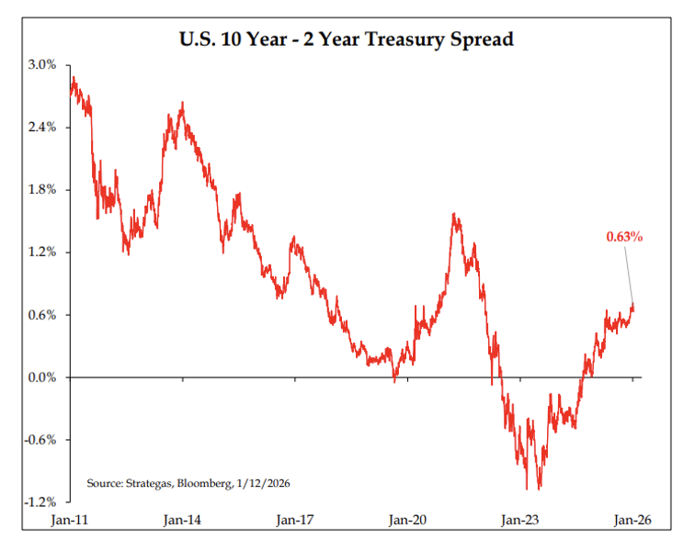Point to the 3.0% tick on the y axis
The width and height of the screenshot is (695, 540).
coord(43,65)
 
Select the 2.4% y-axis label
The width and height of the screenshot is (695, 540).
coord(43,128)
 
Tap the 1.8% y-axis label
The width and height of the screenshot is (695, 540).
coord(43,190)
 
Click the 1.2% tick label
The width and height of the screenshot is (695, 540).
coord(43,253)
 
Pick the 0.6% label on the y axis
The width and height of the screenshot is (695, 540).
coord(43,315)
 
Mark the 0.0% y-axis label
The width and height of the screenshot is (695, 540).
coord(43,377)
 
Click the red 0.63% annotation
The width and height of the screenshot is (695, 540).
coord(623,237)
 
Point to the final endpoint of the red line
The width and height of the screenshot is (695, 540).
coord(633,305)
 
